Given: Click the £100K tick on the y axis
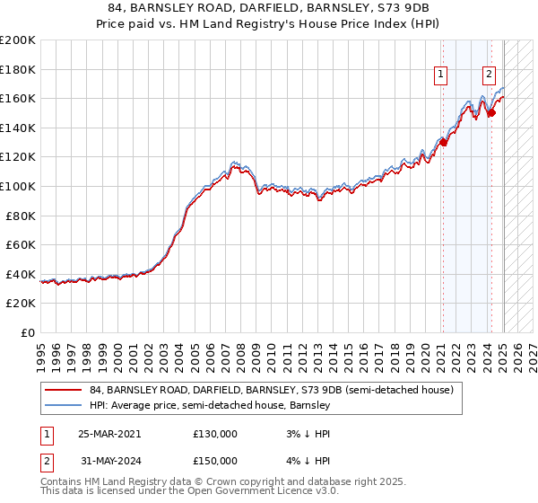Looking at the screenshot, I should pos(18,186).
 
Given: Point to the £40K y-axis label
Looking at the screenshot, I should pos(21,274).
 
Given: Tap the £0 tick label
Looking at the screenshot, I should pos(29,332).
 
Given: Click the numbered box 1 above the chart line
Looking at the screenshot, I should pos(442,75).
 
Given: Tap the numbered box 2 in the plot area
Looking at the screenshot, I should pos(490,75).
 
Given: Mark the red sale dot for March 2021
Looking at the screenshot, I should pos(443,142).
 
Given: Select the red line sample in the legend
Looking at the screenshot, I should pos(63,390).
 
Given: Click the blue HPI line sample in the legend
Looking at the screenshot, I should pos(63,405).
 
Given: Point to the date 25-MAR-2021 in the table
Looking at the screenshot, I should pos(109,433).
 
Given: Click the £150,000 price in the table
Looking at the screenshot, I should pos(215,460).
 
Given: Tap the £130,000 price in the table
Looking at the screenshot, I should pos(215,433).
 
